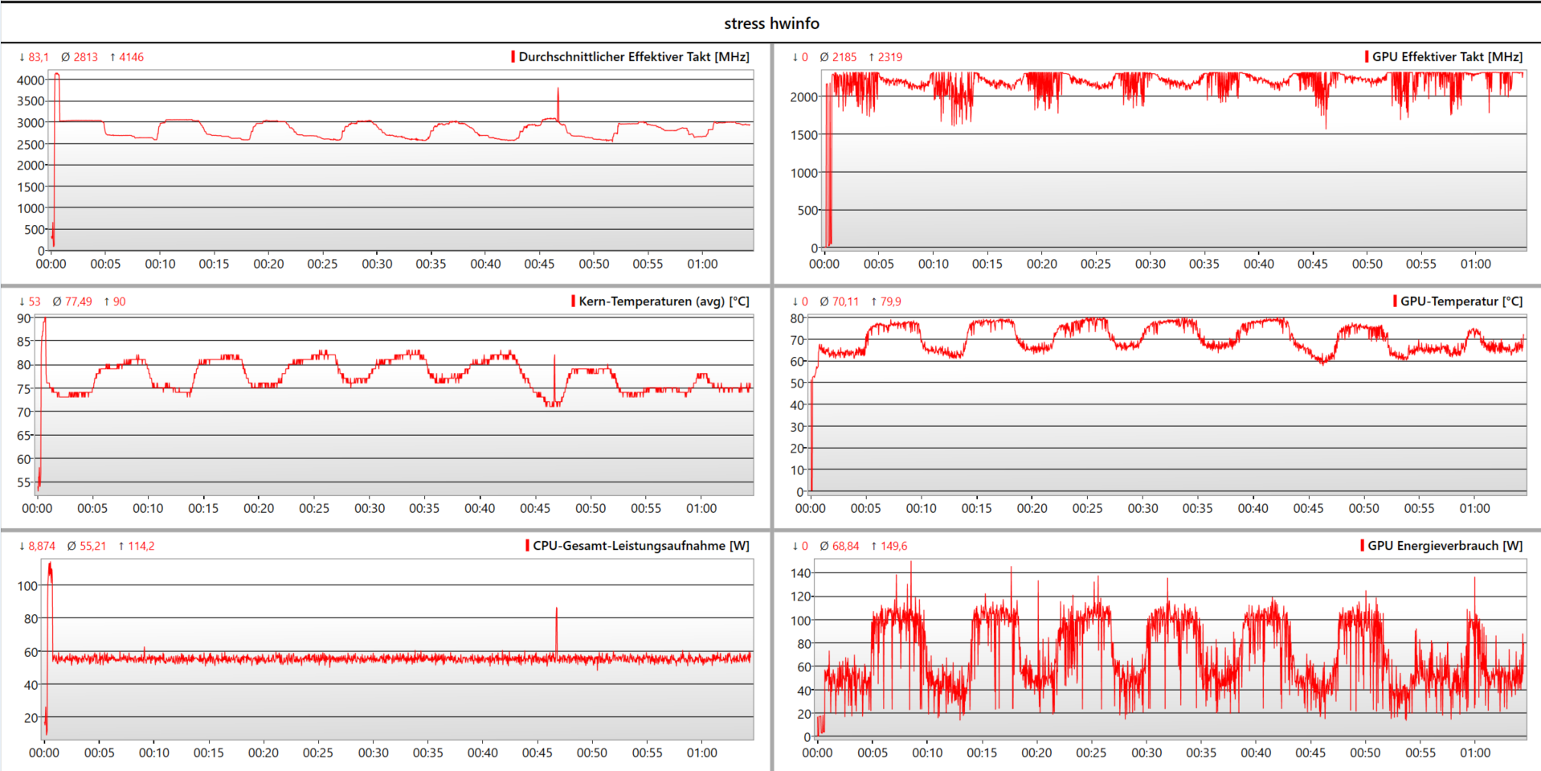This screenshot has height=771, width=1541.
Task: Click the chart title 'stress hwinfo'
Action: tap(771, 23)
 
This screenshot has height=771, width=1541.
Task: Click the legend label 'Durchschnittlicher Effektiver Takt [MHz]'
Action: tap(633, 57)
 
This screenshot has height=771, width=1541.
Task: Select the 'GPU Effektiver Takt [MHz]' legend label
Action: tap(1446, 57)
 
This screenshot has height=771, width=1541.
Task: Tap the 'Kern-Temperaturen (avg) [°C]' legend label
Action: tap(664, 301)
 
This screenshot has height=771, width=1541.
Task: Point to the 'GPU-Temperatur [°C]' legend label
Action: tap(1461, 301)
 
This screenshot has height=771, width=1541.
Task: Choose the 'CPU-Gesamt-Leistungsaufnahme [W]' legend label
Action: tap(640, 546)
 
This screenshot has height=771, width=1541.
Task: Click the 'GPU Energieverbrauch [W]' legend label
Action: tap(1445, 546)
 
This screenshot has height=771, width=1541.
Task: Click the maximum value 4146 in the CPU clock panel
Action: tap(131, 57)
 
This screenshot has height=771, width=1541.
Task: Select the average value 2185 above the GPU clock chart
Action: tap(844, 57)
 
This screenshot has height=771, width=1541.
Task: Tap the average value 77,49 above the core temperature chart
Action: tap(78, 301)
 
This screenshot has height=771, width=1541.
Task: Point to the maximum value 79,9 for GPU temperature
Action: tap(890, 301)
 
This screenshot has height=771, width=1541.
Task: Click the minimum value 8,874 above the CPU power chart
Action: tap(42, 546)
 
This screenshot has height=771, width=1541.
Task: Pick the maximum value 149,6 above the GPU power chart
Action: tap(893, 546)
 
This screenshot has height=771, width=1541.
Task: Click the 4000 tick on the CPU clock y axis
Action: tap(31, 80)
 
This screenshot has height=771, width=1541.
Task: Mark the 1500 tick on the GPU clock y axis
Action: tap(803, 135)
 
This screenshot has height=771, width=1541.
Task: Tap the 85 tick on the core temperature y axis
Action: tap(24, 342)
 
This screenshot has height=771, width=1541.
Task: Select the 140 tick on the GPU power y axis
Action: tap(801, 573)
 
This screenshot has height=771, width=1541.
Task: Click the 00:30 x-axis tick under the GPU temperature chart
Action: tap(1142, 508)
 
